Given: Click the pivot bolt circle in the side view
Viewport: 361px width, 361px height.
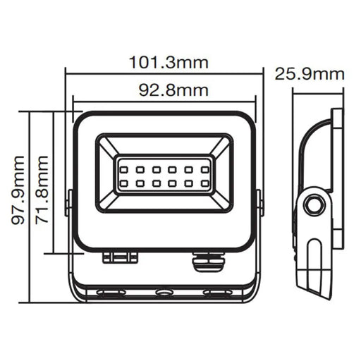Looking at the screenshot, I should [314, 205].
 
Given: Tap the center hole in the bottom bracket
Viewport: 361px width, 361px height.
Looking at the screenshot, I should [164, 291].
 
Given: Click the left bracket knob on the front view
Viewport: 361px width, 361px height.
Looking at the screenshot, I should [69, 202].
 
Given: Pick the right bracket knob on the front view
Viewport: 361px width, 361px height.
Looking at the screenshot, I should [260, 202].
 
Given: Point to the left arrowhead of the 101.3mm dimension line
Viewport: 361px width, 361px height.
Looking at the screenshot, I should [68, 71].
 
